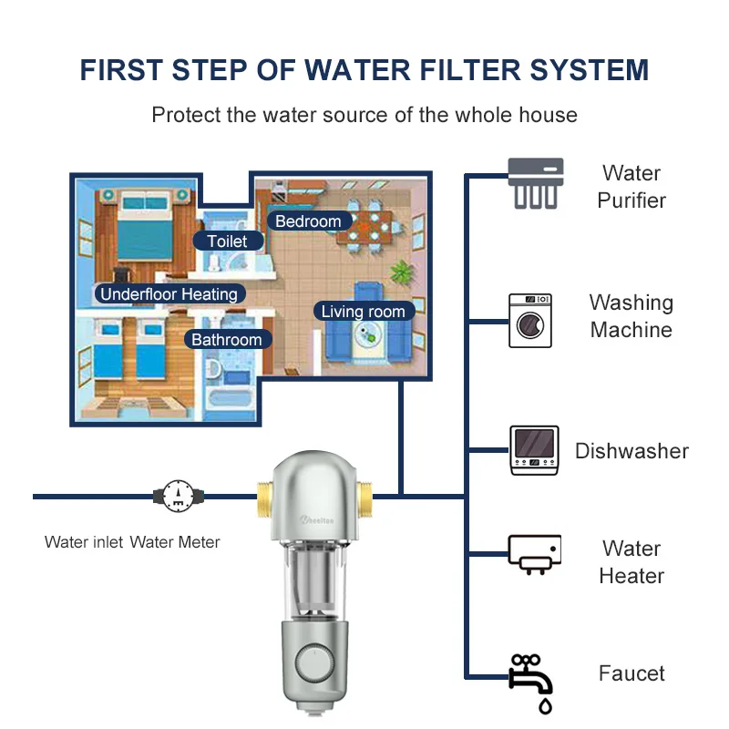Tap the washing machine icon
[x=529, y=320]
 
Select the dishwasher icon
[x=534, y=450]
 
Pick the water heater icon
[x=534, y=554]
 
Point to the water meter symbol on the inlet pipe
[x=179, y=497]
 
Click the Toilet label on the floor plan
[x=227, y=241]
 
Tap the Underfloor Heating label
[x=169, y=293]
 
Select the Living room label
[x=363, y=312]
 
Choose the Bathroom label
[x=226, y=340]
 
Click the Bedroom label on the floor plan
[x=308, y=221]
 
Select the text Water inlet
[x=84, y=542]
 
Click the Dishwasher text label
[x=631, y=450]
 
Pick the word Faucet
[x=631, y=673]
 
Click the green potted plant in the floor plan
[x=401, y=272]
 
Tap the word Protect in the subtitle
[x=186, y=115]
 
